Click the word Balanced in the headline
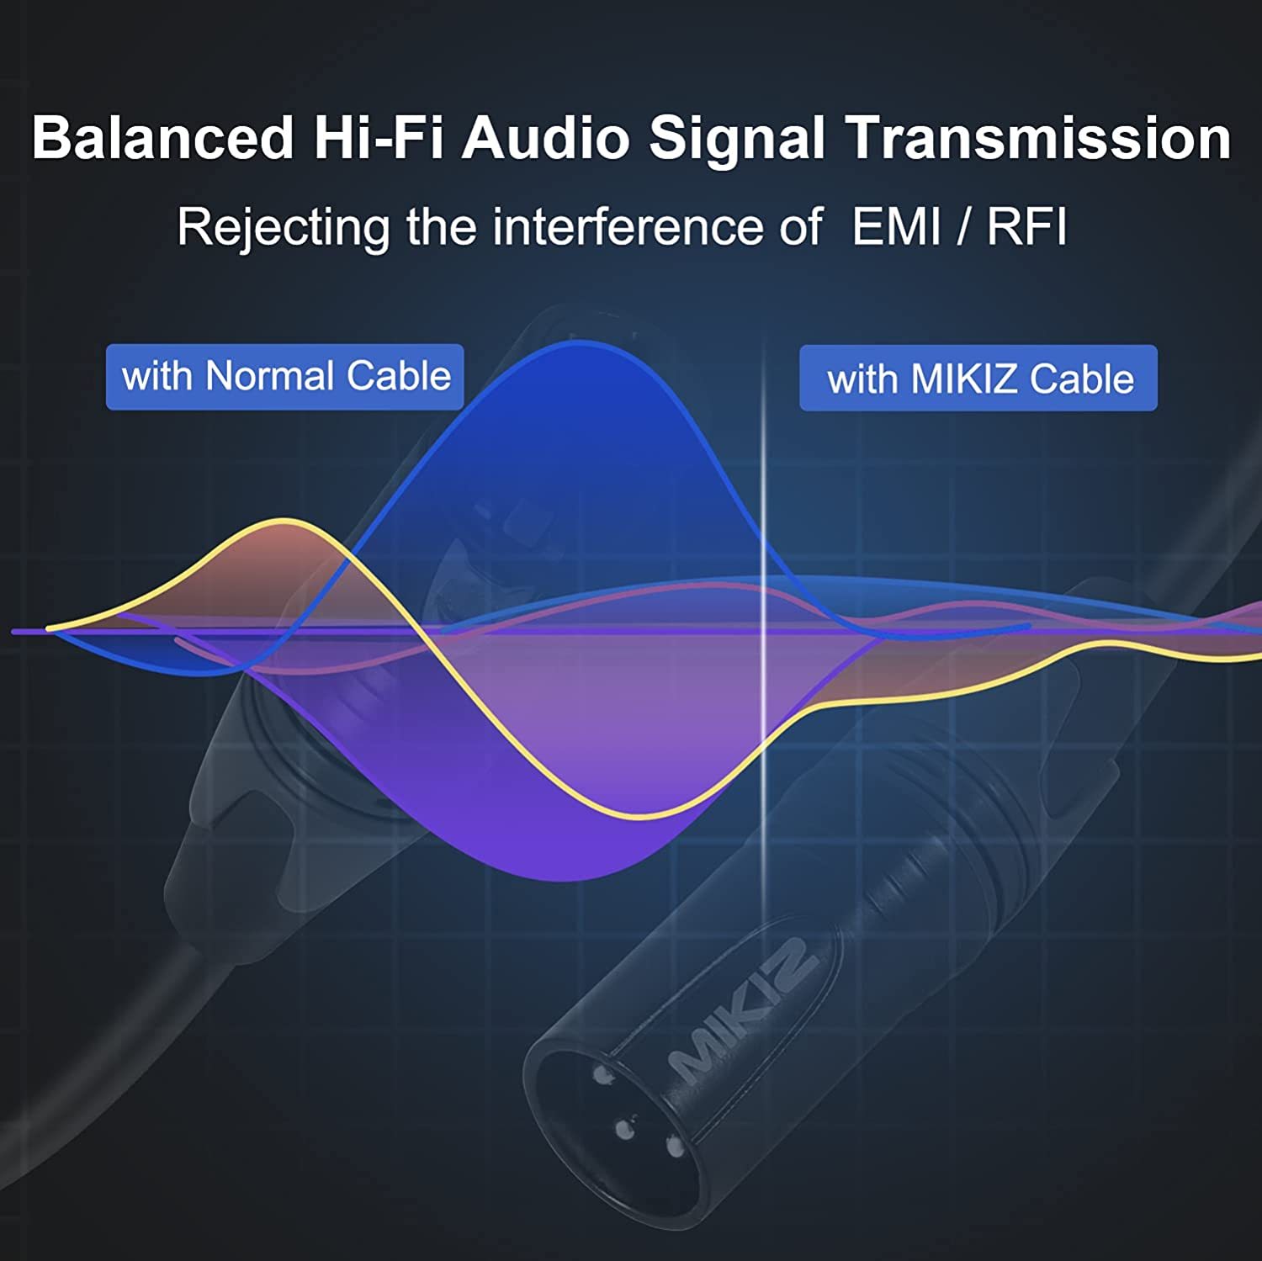tap(163, 137)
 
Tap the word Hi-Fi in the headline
tap(379, 137)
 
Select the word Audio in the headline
tap(545, 137)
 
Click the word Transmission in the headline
tap(1039, 137)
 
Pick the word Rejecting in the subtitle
tap(284, 228)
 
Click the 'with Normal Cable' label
tap(285, 377)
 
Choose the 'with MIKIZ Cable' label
tap(978, 379)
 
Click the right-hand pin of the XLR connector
tap(673, 1146)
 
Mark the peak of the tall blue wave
tap(581, 342)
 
